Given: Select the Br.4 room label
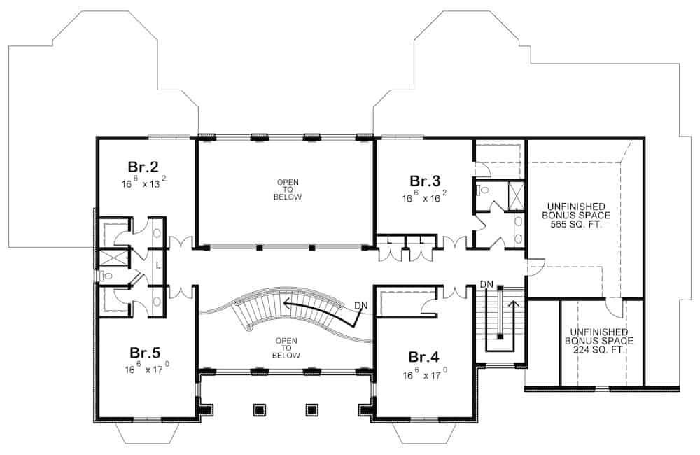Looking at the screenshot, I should (423, 357).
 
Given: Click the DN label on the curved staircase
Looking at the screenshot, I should (361, 305).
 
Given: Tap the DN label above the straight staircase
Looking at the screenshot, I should (487, 284).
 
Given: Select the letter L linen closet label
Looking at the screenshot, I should (158, 266).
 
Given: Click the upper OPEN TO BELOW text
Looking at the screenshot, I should (288, 190).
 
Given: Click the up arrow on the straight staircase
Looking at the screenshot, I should (515, 304).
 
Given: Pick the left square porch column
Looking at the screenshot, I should (258, 409).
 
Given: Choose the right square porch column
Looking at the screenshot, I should (312, 409).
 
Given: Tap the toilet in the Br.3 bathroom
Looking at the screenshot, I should (484, 190).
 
